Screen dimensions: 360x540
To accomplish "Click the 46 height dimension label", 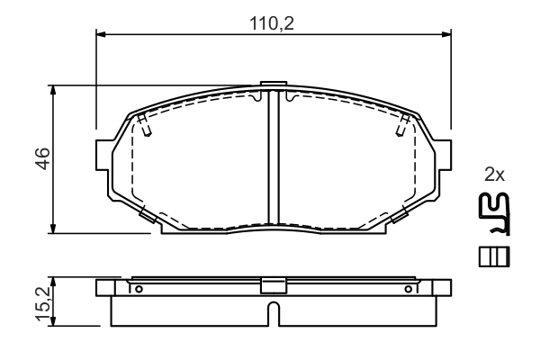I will tap(41, 158).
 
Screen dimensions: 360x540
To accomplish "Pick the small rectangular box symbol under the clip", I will tap(494, 256).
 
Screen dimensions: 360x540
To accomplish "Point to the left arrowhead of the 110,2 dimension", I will tap(100, 35).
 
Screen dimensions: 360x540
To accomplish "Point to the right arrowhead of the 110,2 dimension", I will tap(446, 35).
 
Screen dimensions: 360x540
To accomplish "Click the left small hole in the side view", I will tap(139, 289).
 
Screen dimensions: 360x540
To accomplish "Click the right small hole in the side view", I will tap(408, 289).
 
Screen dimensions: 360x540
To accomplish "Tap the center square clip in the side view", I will tap(273, 285).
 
